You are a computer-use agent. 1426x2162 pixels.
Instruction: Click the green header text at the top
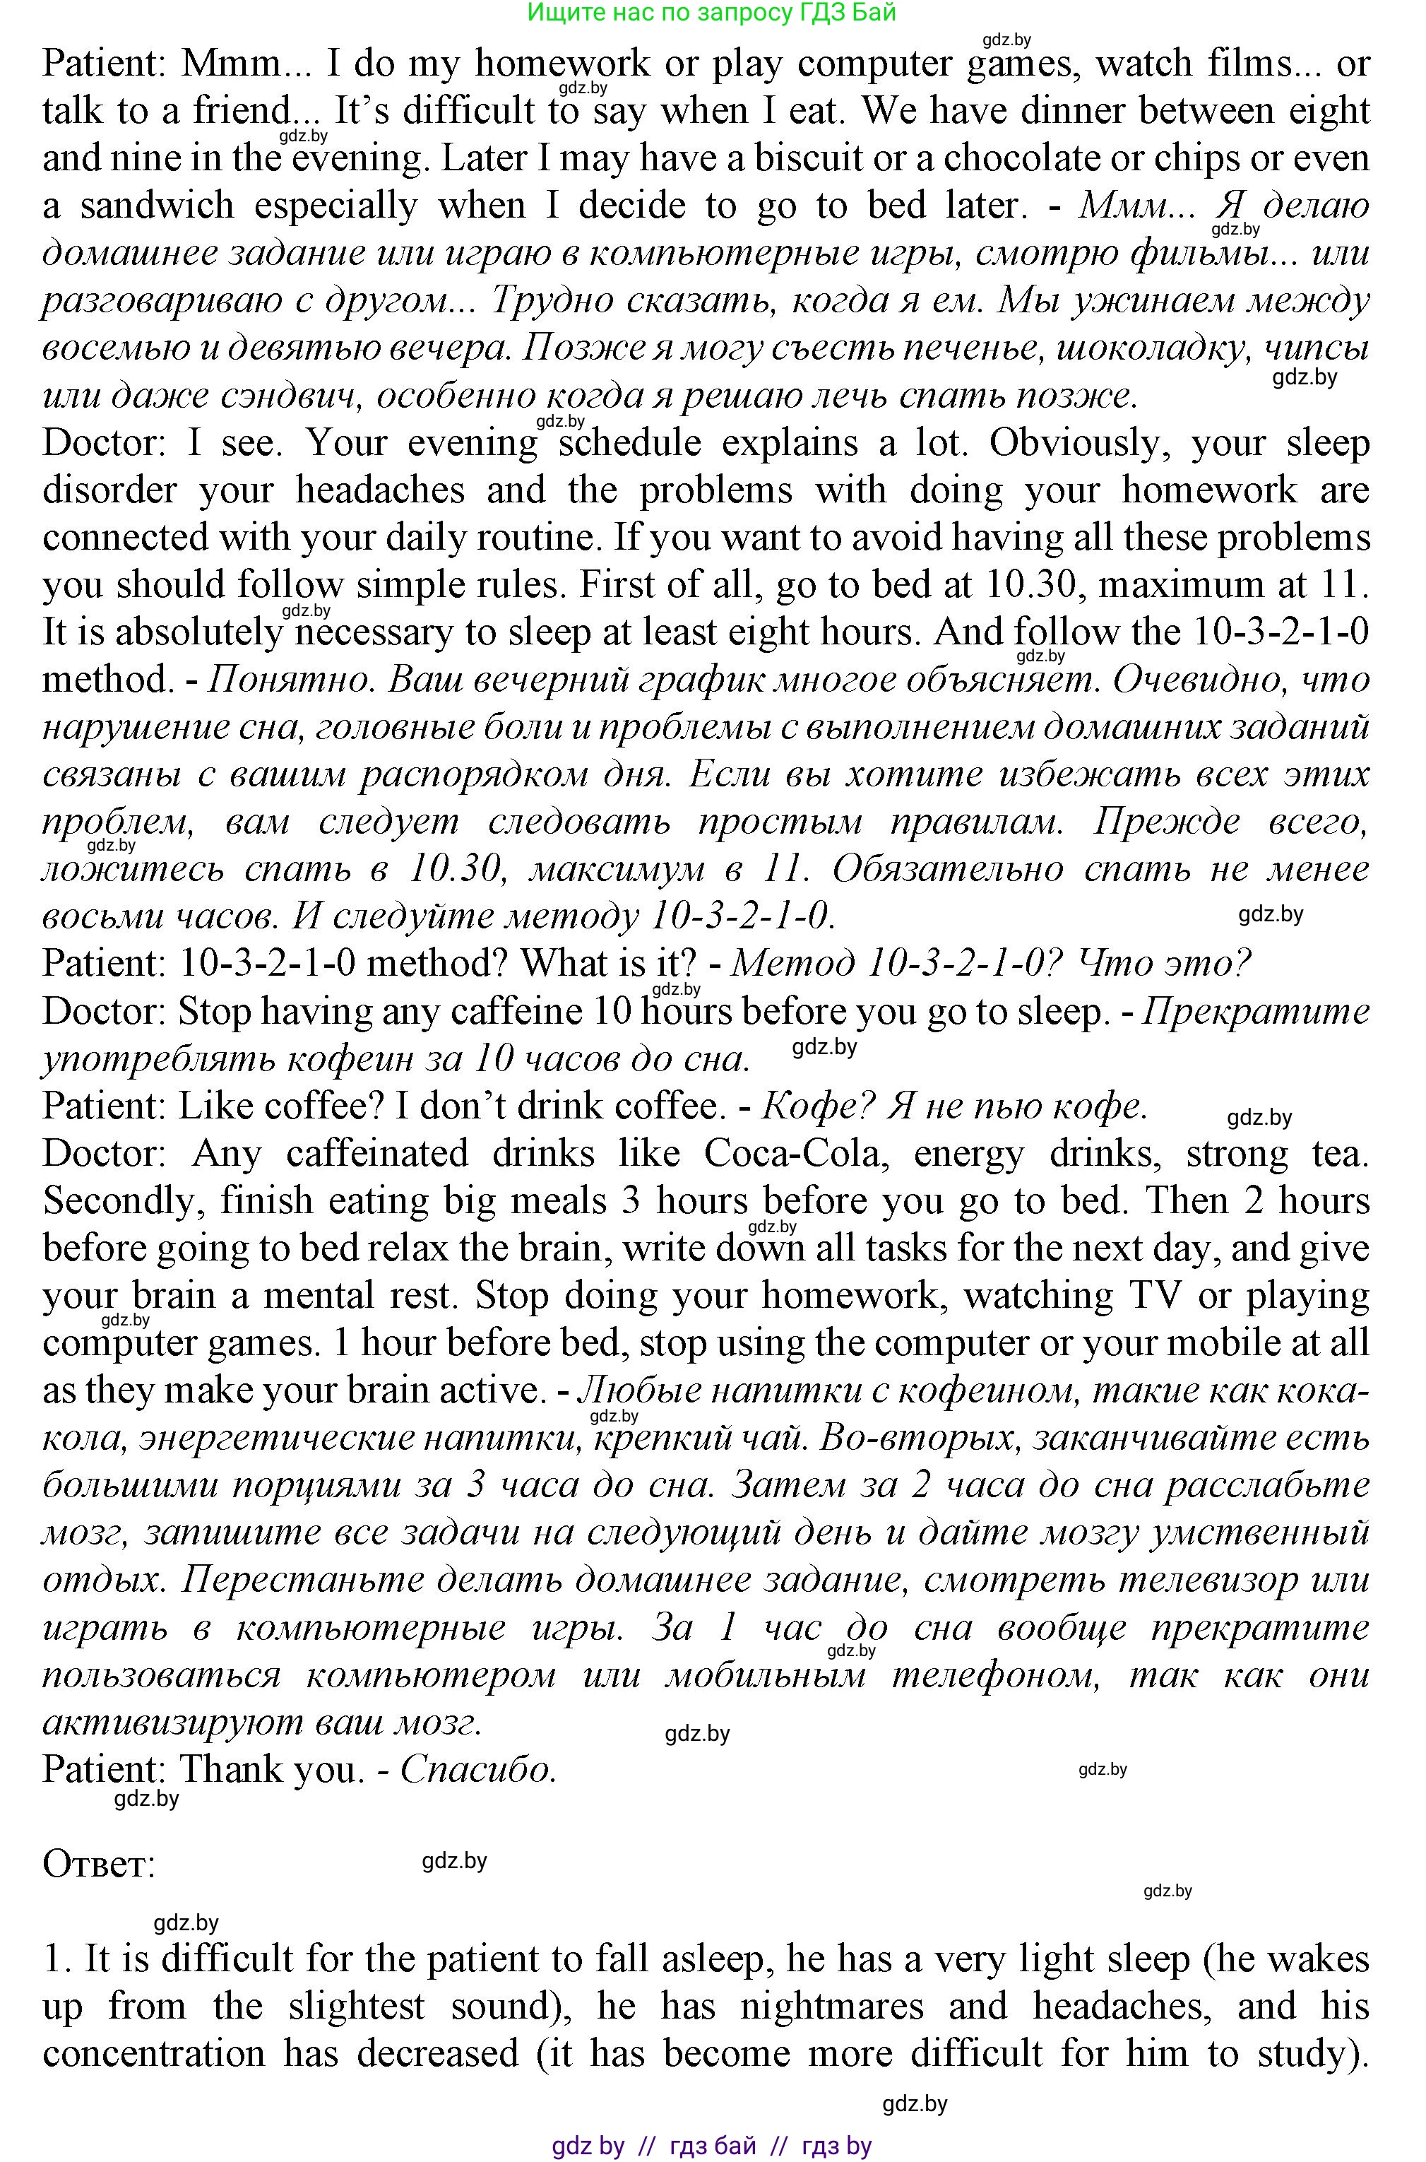711,12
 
